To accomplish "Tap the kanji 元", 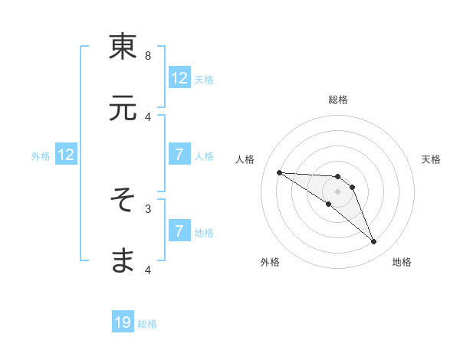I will tap(123, 110).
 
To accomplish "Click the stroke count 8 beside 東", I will tap(148, 55).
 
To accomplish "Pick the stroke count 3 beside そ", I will tap(148, 208).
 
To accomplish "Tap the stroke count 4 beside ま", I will tap(148, 270).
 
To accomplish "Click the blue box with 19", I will tap(123, 323).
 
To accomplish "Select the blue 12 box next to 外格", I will tap(66, 155).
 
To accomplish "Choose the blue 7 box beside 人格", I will tap(179, 155).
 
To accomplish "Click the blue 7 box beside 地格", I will tap(179, 231).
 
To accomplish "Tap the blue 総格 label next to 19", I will tap(147, 324).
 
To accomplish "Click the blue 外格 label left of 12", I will tap(41, 156).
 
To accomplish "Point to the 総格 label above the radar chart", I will tap(338, 100).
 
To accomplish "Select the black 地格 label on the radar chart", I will tap(402, 263).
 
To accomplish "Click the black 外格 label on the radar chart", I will tap(270, 263).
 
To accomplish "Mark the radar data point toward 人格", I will tap(279, 172).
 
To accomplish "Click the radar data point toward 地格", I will tap(374, 242).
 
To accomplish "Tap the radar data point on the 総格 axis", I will tap(338, 176).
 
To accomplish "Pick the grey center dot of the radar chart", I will tap(338, 191).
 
